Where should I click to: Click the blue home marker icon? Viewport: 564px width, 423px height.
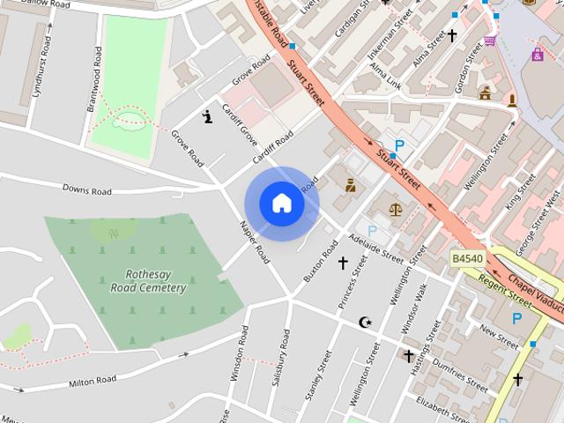tap(282, 203)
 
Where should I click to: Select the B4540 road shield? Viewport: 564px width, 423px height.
tap(467, 258)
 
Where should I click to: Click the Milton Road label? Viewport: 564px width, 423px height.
tap(93, 380)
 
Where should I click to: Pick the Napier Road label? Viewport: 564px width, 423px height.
tap(255, 241)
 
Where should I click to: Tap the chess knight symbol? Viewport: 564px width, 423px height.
tap(207, 116)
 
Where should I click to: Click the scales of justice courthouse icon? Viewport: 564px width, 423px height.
tap(394, 210)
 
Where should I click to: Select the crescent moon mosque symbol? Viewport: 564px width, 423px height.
tap(366, 323)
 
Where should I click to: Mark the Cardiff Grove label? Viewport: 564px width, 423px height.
tap(239, 127)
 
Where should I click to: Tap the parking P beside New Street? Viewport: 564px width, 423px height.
tap(516, 319)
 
